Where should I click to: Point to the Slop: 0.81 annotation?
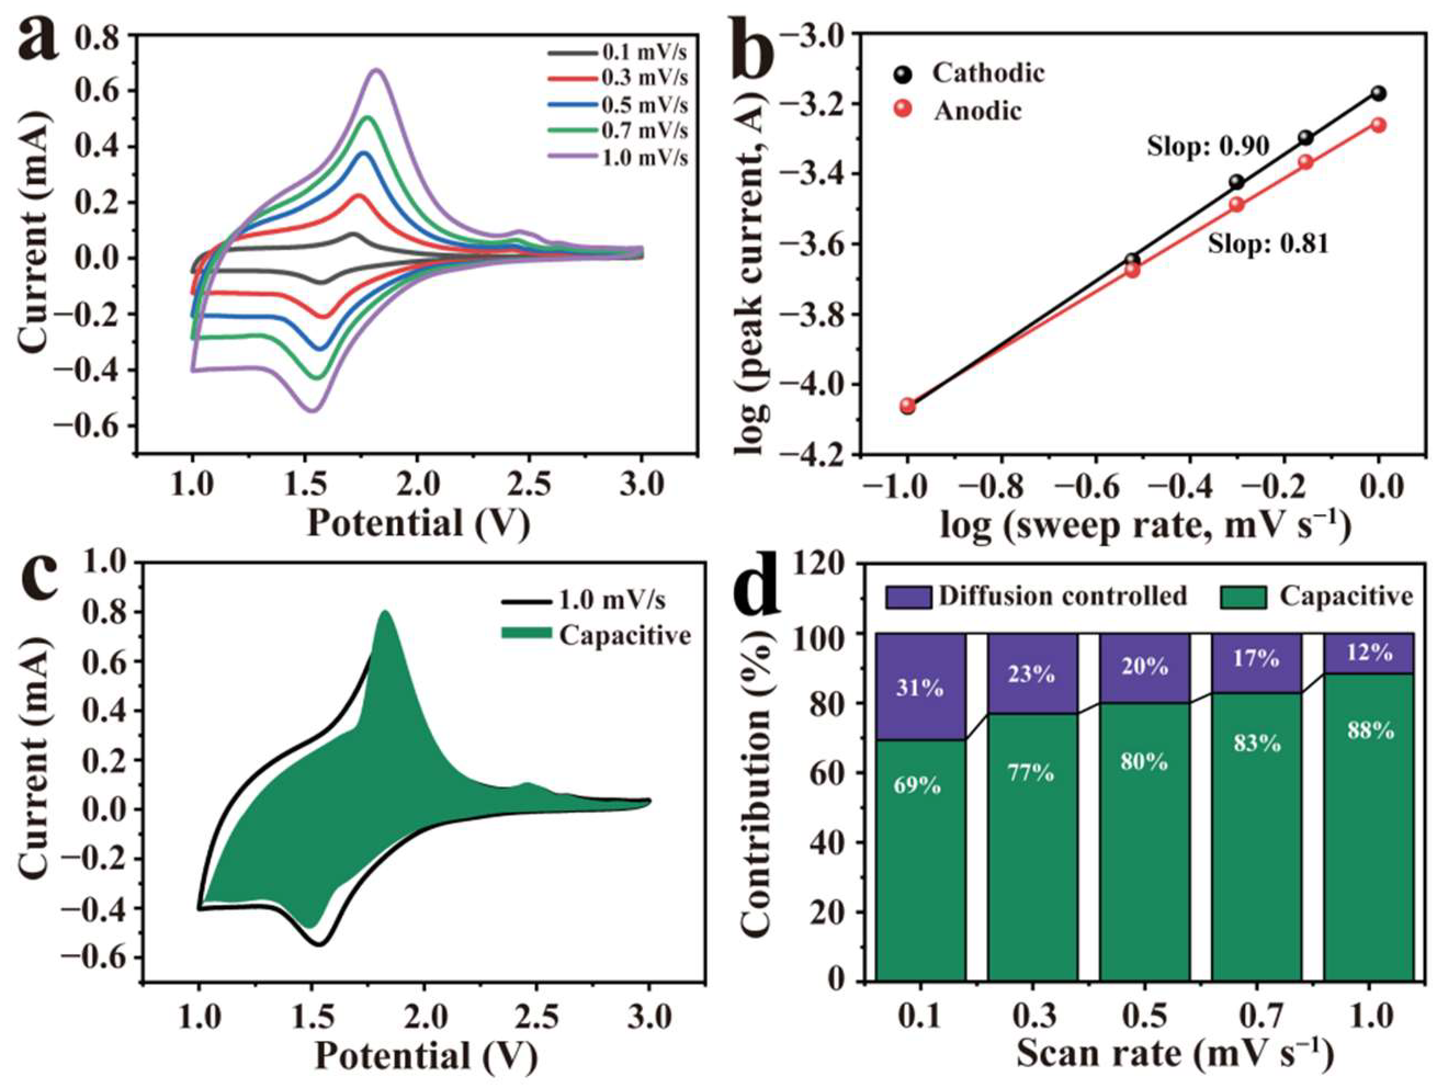click(x=1268, y=243)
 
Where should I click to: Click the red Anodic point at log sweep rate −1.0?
click(x=908, y=405)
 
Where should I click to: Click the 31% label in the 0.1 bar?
click(x=919, y=687)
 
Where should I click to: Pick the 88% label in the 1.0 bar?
click(x=1370, y=732)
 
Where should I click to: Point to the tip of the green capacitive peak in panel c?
click(x=385, y=612)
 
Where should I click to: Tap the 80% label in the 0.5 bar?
click(x=1144, y=761)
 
